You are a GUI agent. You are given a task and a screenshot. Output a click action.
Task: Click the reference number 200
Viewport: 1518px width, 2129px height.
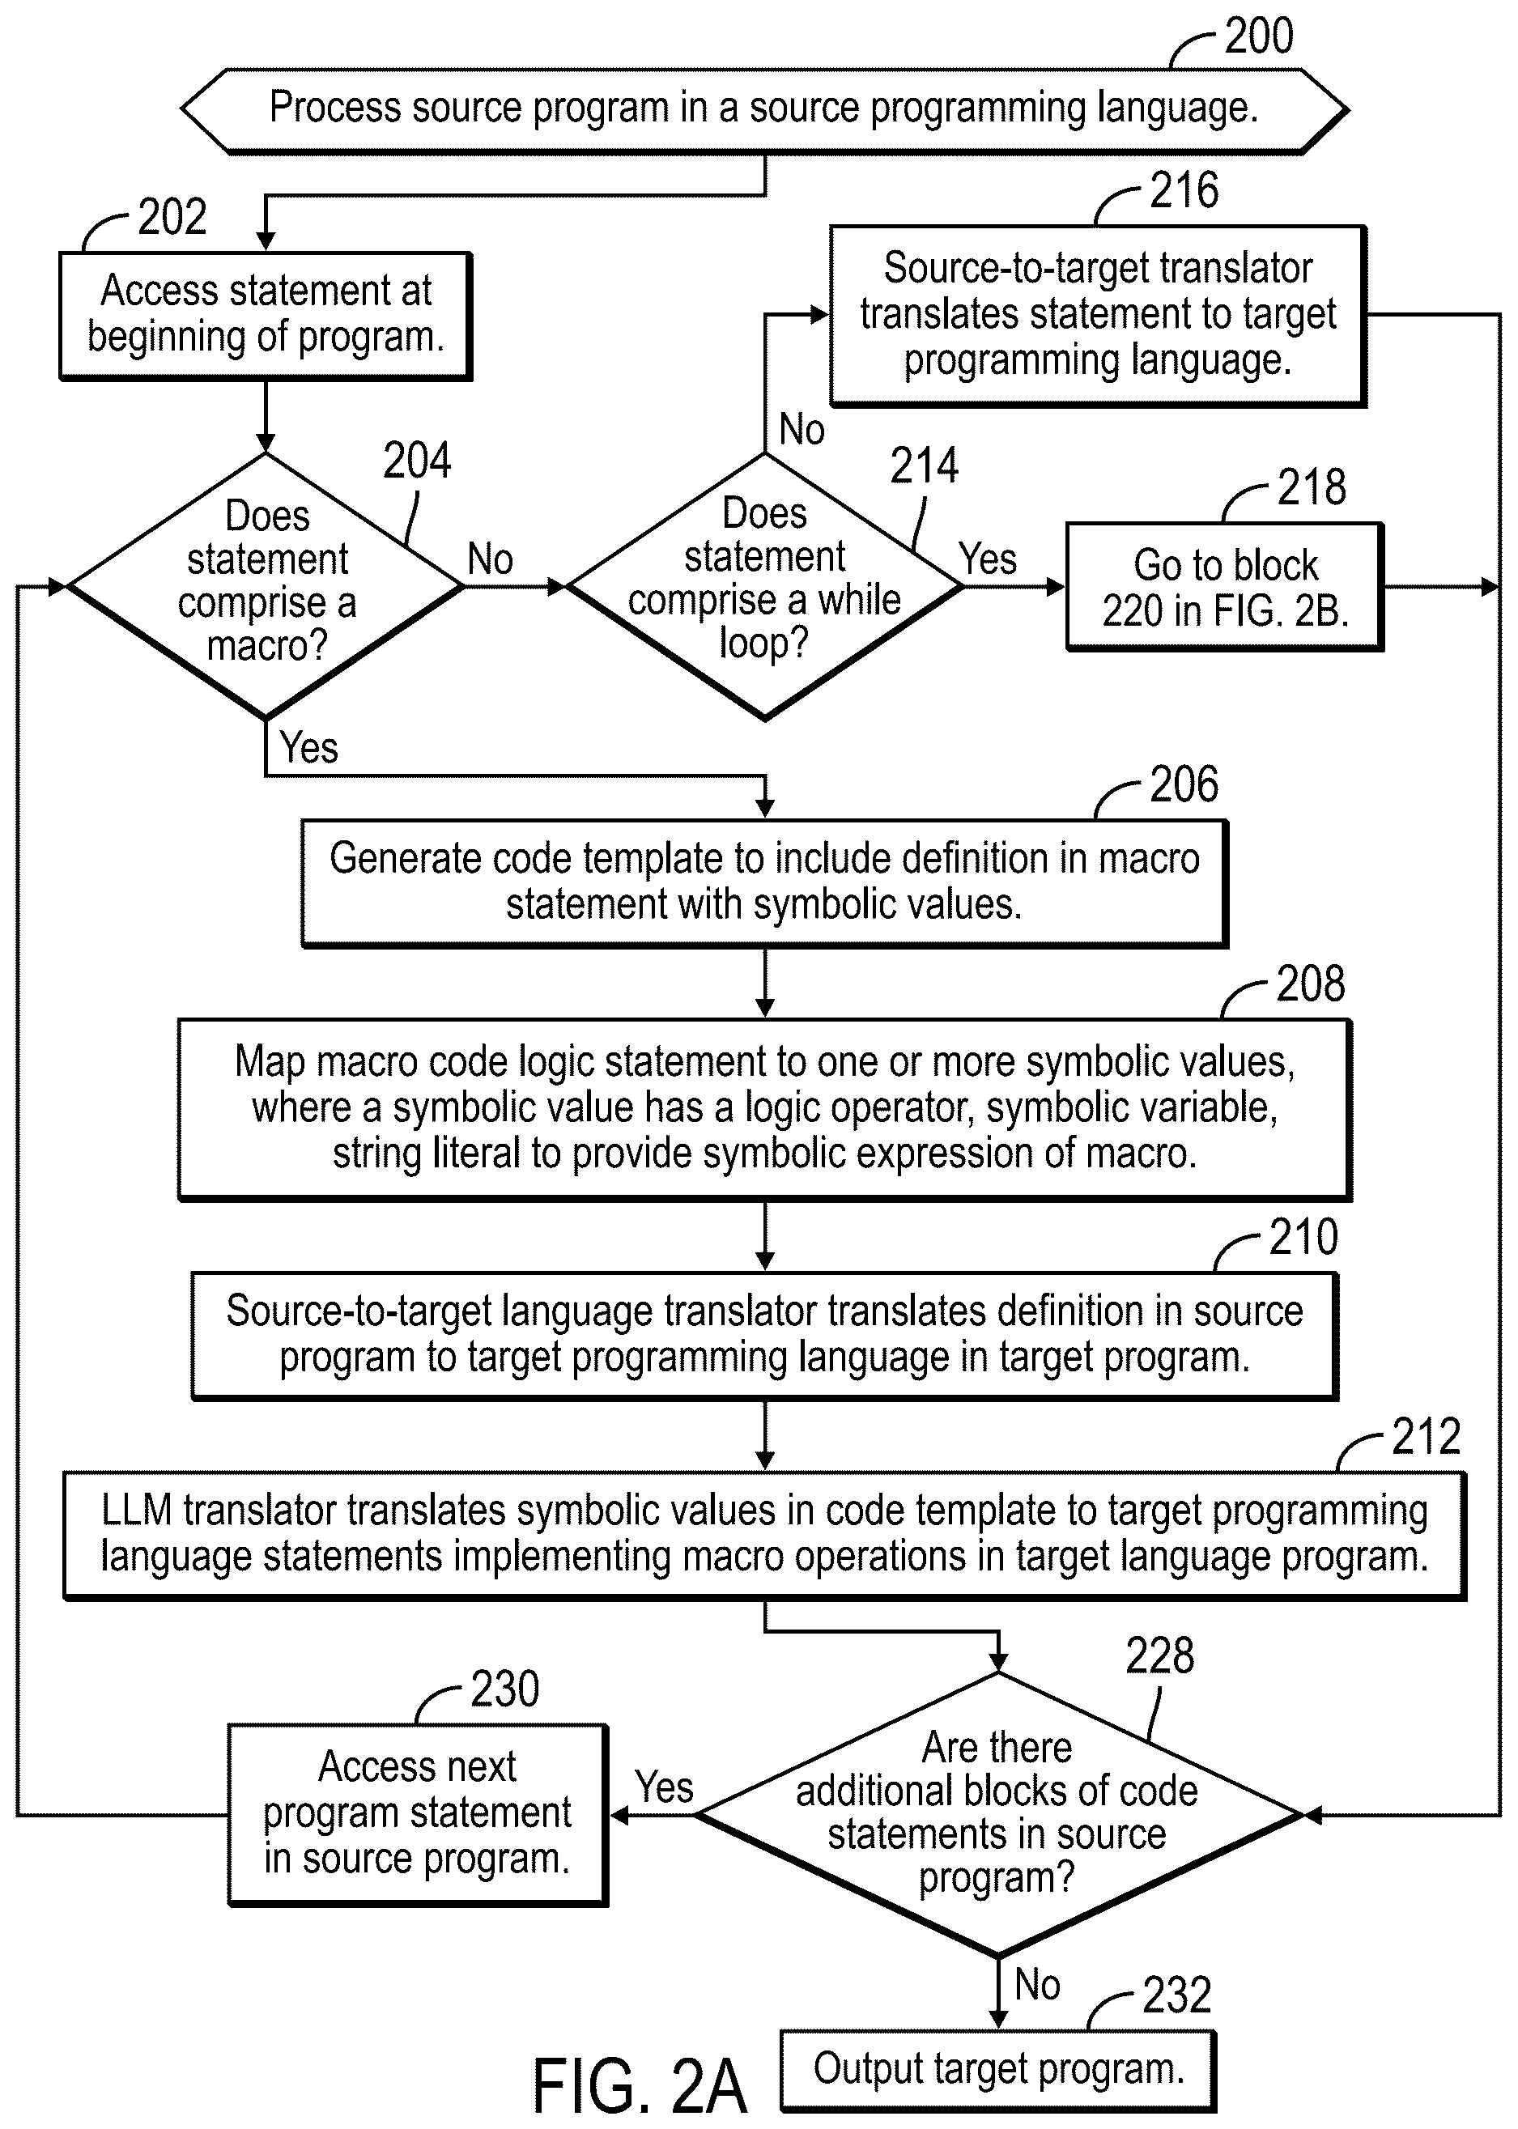pos(1258,36)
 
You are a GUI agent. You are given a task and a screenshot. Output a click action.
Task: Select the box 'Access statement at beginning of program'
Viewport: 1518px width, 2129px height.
pos(266,315)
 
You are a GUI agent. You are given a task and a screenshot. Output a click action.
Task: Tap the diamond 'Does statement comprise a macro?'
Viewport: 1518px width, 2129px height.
pos(266,586)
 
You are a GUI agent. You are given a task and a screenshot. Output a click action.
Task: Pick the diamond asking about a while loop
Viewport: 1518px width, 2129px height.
pos(764,586)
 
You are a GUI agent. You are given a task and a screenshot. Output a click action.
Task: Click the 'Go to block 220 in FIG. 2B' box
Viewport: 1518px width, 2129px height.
pos(1224,586)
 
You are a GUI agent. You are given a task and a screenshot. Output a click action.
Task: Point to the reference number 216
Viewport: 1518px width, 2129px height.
pos(1184,191)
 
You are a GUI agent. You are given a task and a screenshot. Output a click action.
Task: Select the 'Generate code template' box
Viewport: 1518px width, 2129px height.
pos(764,883)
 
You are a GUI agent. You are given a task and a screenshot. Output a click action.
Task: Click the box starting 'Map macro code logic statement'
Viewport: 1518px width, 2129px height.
pos(764,1109)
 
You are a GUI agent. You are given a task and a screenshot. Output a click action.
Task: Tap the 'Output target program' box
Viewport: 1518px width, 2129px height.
pos(998,2071)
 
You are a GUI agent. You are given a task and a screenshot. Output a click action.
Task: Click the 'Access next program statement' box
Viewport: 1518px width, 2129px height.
pos(418,1814)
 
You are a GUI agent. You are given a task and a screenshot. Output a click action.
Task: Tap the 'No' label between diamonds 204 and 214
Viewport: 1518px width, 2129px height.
pos(490,559)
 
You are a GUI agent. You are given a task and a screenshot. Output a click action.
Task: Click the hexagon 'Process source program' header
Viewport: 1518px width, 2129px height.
pos(764,110)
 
